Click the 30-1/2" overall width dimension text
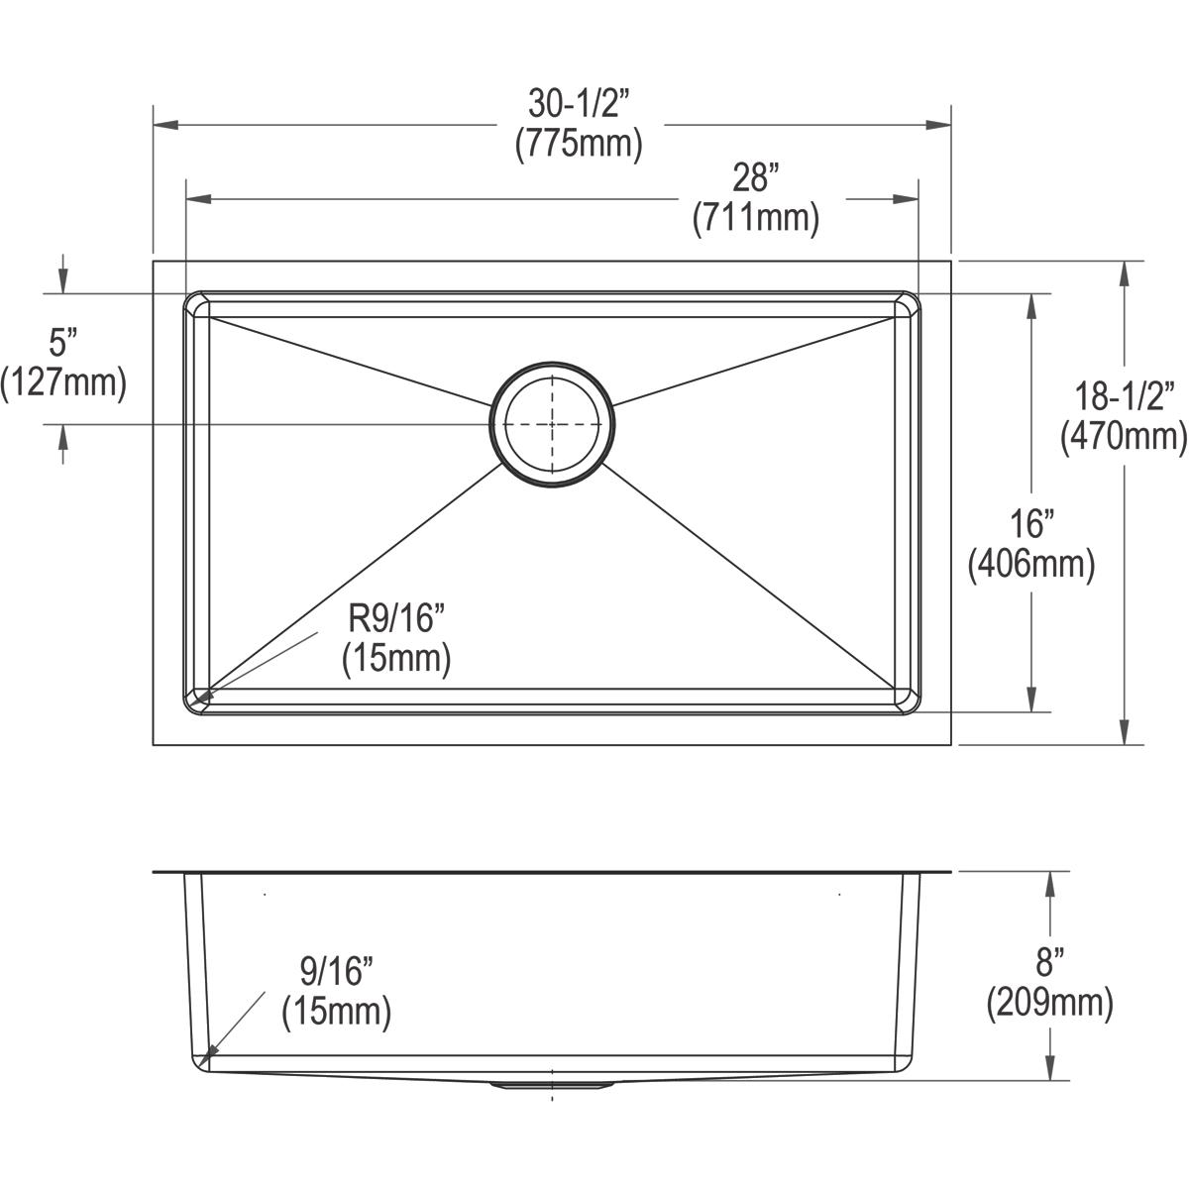579,102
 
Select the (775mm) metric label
579,144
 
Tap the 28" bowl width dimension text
755,178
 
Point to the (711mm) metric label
755,218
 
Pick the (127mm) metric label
63,382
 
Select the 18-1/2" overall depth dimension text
1125,395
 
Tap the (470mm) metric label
1125,436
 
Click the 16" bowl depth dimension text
1031,523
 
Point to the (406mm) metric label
1031,564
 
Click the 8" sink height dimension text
1049,961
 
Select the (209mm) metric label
1049,1003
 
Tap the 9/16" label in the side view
337,969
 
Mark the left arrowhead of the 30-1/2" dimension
164,125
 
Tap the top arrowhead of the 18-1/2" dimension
1125,273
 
